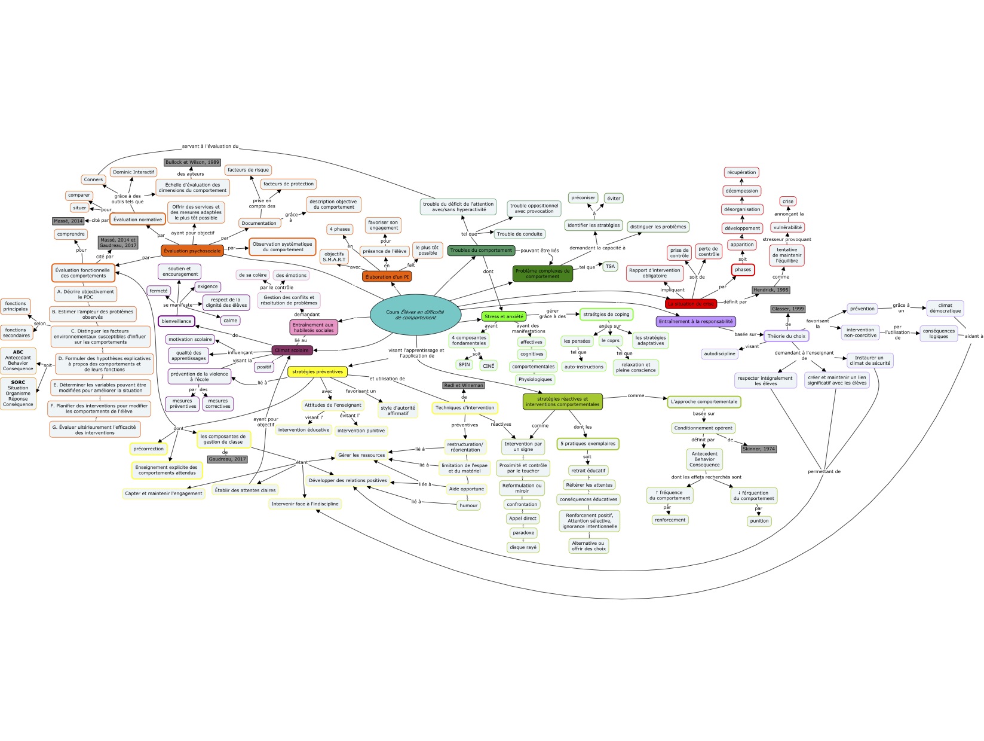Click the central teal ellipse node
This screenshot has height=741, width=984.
pos(415,315)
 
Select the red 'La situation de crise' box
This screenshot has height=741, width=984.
pos(691,304)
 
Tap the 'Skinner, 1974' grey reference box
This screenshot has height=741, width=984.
pos(759,449)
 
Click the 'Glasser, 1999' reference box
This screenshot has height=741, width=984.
pos(788,309)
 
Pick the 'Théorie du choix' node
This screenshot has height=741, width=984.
pos(786,336)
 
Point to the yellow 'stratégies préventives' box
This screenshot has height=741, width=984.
pos(317,371)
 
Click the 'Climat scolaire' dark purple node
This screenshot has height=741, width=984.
pos(292,350)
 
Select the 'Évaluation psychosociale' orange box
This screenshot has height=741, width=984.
pos(192,251)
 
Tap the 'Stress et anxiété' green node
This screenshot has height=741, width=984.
pos(504,316)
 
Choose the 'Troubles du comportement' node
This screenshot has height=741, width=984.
pos(481,251)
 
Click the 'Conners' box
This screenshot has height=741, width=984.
pos(93,179)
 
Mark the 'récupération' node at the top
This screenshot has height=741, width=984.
pos(741,172)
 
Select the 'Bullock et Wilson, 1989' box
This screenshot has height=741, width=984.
pos(192,162)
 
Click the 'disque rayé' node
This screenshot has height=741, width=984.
pos(523,547)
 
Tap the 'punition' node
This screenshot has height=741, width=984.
pos(759,521)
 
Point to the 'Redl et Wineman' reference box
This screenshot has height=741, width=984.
pos(464,386)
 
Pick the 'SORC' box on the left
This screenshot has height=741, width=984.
pos(18,393)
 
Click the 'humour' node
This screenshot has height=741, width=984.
pos(468,505)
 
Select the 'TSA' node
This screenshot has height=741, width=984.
pos(610,267)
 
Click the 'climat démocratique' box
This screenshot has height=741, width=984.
pos(945,308)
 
